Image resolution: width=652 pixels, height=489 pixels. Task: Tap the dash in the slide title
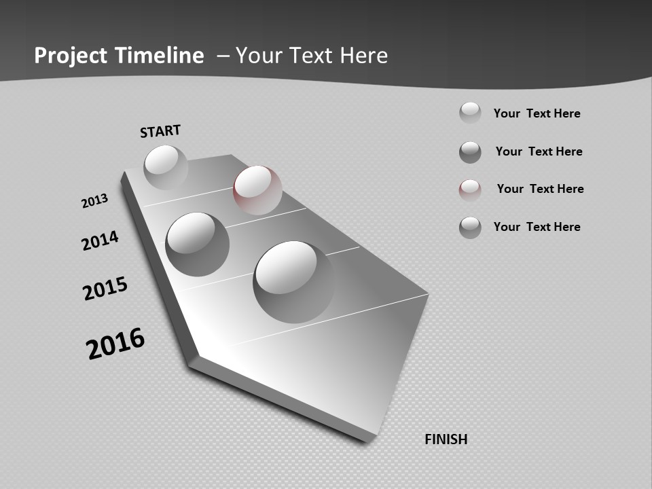pyautogui.click(x=223, y=56)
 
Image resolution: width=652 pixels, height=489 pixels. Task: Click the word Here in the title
pyautogui.click(x=364, y=56)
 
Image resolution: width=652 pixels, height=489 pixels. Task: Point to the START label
pyautogui.click(x=160, y=131)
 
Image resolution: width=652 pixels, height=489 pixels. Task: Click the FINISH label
pyautogui.click(x=446, y=439)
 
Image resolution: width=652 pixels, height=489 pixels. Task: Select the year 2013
pyautogui.click(x=95, y=201)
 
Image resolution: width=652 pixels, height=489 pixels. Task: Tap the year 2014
pyautogui.click(x=100, y=240)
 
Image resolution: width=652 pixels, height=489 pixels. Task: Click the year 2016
pyautogui.click(x=115, y=344)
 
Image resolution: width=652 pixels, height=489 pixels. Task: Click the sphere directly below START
pyautogui.click(x=166, y=167)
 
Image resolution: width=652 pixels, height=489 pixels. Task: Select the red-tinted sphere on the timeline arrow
pyautogui.click(x=257, y=190)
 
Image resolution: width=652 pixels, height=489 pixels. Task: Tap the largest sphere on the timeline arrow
pyautogui.click(x=294, y=281)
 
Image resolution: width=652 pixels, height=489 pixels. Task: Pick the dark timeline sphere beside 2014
pyautogui.click(x=197, y=244)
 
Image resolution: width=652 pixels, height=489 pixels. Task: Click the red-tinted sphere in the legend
pyautogui.click(x=470, y=190)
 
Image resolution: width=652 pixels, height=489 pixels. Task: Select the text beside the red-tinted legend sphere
pyautogui.click(x=540, y=189)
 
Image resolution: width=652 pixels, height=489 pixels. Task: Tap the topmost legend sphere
pyautogui.click(x=470, y=113)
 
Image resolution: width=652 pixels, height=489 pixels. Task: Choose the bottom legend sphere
pyautogui.click(x=470, y=228)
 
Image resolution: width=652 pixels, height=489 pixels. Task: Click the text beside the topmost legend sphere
pyautogui.click(x=537, y=113)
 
